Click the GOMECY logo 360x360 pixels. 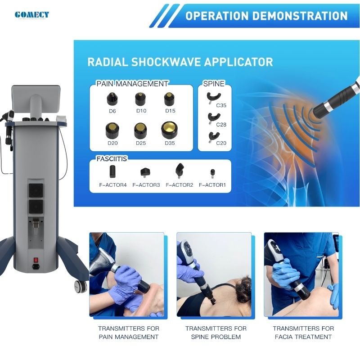(x=32, y=15)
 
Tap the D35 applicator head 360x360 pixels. (x=170, y=130)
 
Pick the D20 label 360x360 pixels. (x=112, y=143)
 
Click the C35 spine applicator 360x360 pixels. (x=213, y=97)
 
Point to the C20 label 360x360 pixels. (x=221, y=143)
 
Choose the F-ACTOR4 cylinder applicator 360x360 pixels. (x=112, y=171)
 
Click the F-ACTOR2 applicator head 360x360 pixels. (x=180, y=171)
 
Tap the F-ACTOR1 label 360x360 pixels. (x=212, y=185)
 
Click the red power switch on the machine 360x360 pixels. (x=36, y=260)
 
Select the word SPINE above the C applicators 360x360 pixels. (x=213, y=84)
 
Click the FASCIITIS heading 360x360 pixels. (x=112, y=159)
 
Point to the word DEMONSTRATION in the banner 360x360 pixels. (x=300, y=16)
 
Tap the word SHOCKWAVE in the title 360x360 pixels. (x=166, y=62)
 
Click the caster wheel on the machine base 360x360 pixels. (x=81, y=287)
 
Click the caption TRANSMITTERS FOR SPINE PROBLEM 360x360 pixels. (x=216, y=333)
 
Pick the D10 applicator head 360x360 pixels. (x=140, y=99)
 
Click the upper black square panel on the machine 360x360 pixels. (x=36, y=190)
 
